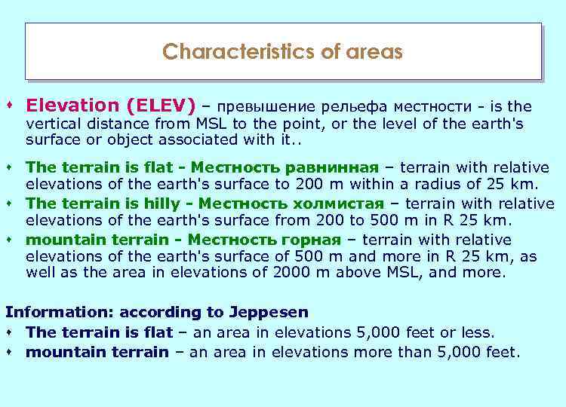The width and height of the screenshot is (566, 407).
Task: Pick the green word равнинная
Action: (x=336, y=167)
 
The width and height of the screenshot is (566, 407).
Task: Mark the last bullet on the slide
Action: (x=10, y=351)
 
